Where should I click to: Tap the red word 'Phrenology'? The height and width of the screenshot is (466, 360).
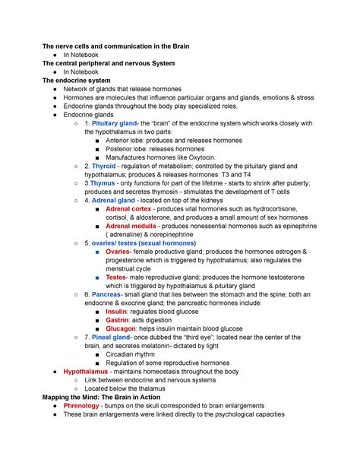pyautogui.click(x=87, y=406)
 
